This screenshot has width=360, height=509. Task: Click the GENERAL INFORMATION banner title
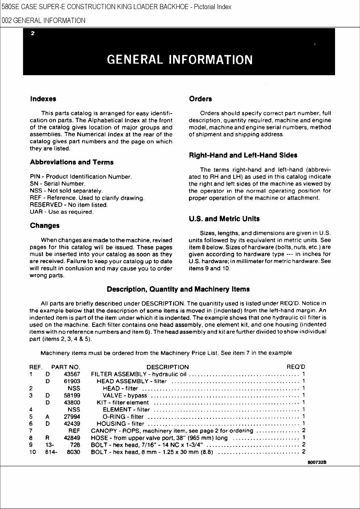(x=180, y=59)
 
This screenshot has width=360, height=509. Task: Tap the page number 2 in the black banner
(x=32, y=33)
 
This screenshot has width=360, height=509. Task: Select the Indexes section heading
(x=43, y=99)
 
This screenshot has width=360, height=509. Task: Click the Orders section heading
(x=200, y=99)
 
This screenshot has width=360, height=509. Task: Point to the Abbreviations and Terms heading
(x=72, y=162)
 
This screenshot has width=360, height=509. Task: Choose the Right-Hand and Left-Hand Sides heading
(x=243, y=155)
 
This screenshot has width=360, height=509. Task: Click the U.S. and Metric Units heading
(x=224, y=219)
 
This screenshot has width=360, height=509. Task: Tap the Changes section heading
(x=45, y=226)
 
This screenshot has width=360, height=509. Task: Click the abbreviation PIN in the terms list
(x=35, y=177)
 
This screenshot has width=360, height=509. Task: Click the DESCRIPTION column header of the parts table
(x=168, y=367)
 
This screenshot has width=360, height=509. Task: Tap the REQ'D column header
(x=296, y=367)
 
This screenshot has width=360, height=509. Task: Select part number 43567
(x=72, y=374)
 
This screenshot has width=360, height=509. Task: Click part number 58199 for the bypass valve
(x=72, y=395)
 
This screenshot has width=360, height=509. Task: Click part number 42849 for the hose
(x=72, y=438)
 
